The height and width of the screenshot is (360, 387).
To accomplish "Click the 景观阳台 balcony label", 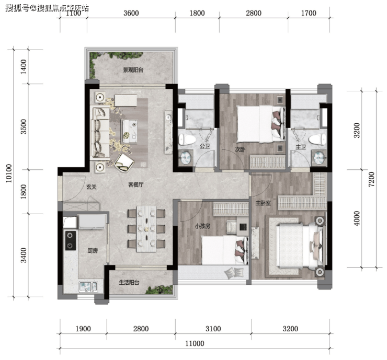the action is (133, 70).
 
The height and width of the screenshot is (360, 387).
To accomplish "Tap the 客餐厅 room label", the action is (136, 184).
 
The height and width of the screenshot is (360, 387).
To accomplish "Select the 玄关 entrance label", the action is (92, 187).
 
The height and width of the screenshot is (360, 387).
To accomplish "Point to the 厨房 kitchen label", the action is (93, 251).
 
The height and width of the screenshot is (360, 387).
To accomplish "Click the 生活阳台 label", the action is (129, 283).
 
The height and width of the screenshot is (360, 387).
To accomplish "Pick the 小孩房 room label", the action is (202, 226).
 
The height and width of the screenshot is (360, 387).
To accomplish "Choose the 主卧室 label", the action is (263, 203).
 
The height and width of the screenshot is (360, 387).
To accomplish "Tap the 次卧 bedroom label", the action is (240, 149).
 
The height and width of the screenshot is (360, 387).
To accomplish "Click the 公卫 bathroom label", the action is (205, 146).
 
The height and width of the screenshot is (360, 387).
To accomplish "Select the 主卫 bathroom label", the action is (301, 147).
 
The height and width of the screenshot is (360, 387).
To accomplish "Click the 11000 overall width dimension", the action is (195, 343).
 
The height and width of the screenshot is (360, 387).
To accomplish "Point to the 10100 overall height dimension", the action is (9, 173).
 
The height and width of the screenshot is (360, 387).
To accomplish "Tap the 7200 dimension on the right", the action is (371, 179).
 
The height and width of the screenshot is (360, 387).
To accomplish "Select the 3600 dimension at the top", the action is (131, 13).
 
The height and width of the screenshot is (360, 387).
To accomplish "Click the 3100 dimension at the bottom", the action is (213, 329).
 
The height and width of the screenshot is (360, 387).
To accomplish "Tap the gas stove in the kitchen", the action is (71, 240).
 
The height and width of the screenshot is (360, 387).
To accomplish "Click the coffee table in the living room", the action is (129, 131).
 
